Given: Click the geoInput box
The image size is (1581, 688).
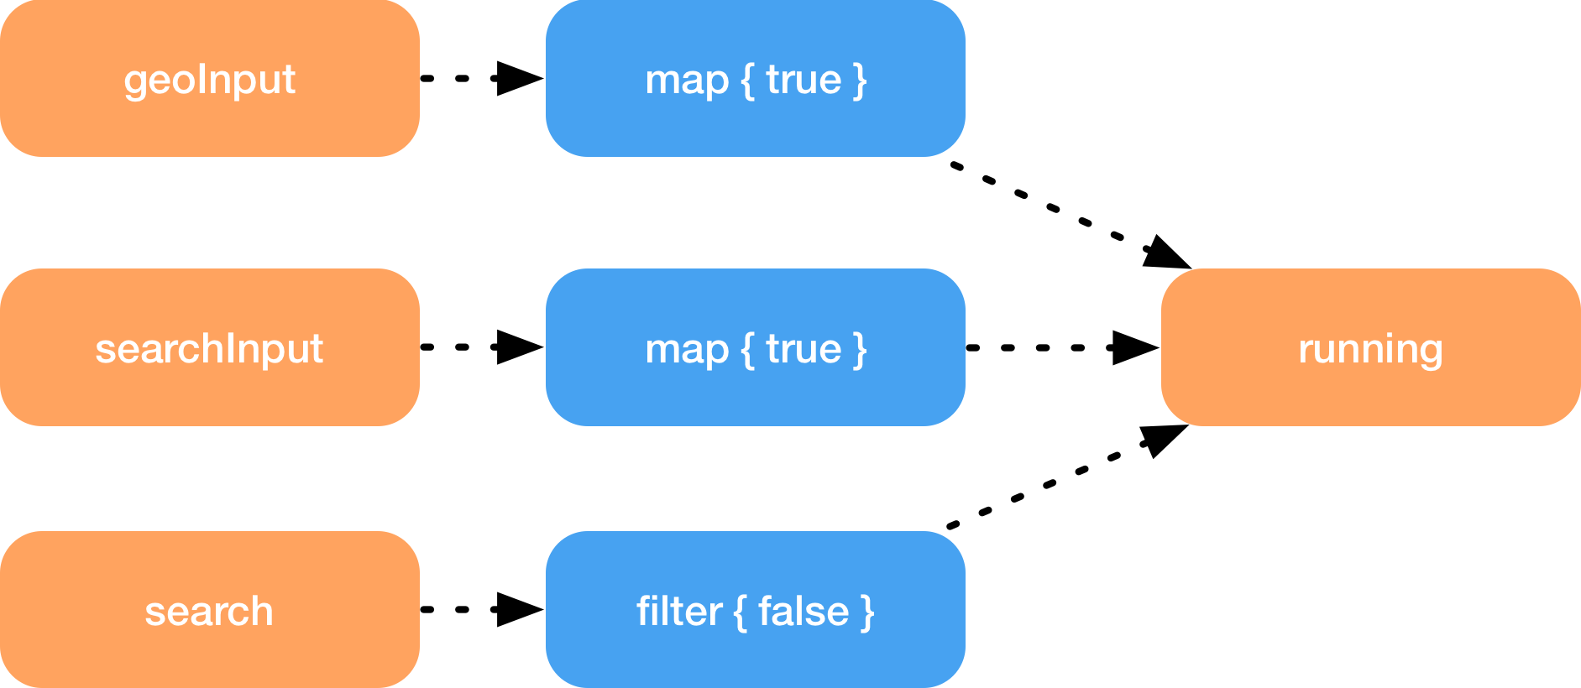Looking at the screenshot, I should tap(209, 79).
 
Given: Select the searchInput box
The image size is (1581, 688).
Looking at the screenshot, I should tap(209, 347).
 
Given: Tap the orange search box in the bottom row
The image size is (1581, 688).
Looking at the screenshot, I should tap(209, 610).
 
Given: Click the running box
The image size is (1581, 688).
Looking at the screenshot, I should tap(1370, 347).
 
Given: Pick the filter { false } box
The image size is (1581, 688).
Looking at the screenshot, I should tap(755, 610).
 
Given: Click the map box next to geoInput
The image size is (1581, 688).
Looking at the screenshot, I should tap(755, 79).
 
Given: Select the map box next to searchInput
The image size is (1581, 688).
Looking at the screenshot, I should tap(755, 347).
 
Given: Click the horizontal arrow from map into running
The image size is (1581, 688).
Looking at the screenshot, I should tap(1062, 347).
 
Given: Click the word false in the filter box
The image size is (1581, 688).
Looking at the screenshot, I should tap(804, 611).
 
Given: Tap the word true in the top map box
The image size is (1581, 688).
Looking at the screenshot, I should tap(804, 80).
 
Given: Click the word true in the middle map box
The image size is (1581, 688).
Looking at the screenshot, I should tap(804, 348).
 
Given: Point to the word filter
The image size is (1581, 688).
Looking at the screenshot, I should tap(678, 611).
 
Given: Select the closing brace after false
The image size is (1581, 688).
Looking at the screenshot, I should tap(867, 612).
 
